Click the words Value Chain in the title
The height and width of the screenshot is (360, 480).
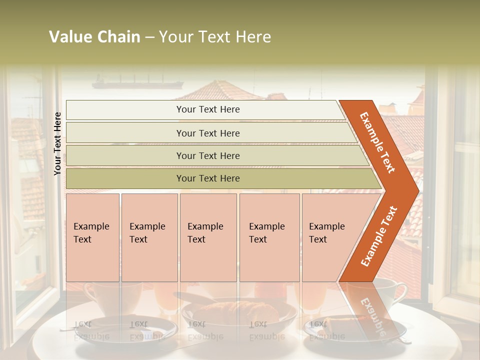94,37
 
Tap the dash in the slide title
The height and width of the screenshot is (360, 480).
149,37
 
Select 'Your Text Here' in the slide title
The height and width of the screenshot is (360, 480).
215,37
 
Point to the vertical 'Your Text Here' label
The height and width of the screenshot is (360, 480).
57,143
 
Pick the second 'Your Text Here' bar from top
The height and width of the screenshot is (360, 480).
208,133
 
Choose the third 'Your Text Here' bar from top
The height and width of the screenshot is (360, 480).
208,155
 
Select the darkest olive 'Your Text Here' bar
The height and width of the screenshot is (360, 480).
208,178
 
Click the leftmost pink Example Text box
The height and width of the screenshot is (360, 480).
92,237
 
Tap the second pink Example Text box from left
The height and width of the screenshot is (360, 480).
149,237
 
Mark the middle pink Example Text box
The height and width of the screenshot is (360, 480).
208,237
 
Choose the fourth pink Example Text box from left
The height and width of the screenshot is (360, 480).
269,237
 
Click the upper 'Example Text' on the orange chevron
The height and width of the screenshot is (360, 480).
377,142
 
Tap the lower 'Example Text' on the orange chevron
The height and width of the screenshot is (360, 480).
379,236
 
